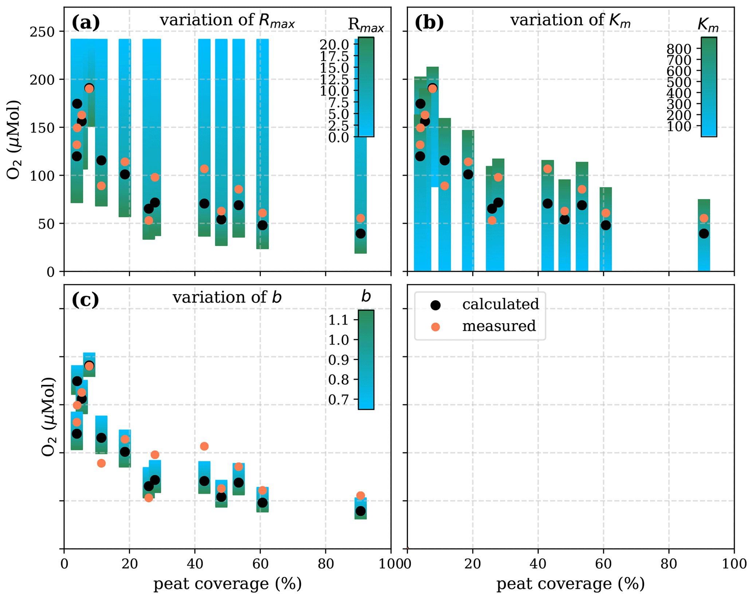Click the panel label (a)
pos(86,23)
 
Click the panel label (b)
pos(429,23)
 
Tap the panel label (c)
pos(85,300)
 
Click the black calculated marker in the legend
pos(435,305)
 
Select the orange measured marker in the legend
pos(435,327)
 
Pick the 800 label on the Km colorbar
pos(678,48)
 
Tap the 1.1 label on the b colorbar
pos(338,320)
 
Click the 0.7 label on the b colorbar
pos(338,400)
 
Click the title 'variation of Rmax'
pos(227,20)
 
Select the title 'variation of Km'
pos(570,20)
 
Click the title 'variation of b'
pos(227,298)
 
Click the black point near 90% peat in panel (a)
pos(360,234)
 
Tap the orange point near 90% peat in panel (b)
pos(704,218)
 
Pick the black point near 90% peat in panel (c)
pos(360,511)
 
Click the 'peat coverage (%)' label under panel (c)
pos(227,584)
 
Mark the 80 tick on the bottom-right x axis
pos(669,564)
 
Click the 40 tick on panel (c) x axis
pos(195,564)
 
